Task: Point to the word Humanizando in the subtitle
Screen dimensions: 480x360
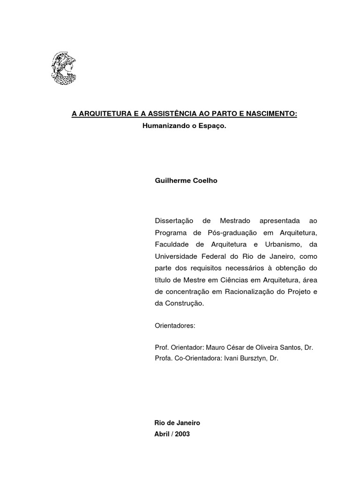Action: (163, 127)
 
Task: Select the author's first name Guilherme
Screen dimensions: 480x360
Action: (170, 180)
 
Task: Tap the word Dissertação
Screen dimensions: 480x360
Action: (174, 221)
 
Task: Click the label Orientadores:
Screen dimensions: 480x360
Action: (174, 325)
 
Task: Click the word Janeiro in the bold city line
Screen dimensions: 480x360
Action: (188, 423)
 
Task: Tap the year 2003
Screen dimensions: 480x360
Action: (182, 434)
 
